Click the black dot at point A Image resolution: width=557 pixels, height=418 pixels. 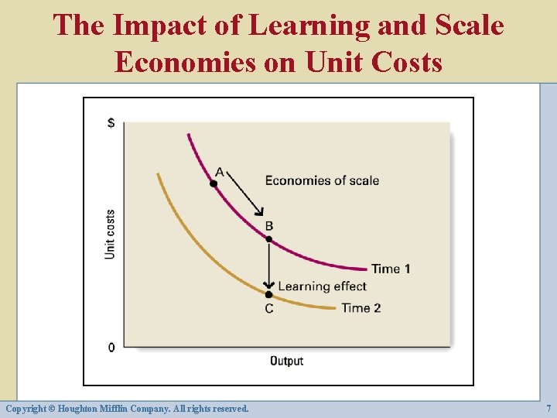point(214,183)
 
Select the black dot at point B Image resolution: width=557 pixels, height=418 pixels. point(269,239)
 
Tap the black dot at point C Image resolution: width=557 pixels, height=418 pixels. point(268,294)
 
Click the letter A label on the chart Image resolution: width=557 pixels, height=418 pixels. point(219,171)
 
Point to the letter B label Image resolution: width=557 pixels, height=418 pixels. point(269,226)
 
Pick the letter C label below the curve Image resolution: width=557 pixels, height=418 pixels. point(268,308)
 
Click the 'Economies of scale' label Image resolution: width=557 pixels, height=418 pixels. point(322,180)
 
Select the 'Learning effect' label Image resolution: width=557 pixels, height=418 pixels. point(322,286)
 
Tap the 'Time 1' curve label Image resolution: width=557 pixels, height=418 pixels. point(391,269)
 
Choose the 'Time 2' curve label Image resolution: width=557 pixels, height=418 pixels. point(361,307)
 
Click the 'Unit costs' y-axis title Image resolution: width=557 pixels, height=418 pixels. point(110,234)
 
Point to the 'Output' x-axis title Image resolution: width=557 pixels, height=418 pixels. point(286,361)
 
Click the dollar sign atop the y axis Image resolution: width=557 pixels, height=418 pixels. point(111,123)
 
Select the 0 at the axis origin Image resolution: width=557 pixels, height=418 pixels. point(111,347)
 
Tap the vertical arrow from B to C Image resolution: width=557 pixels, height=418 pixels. point(269,266)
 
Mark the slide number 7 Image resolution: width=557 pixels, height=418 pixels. point(548,408)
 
